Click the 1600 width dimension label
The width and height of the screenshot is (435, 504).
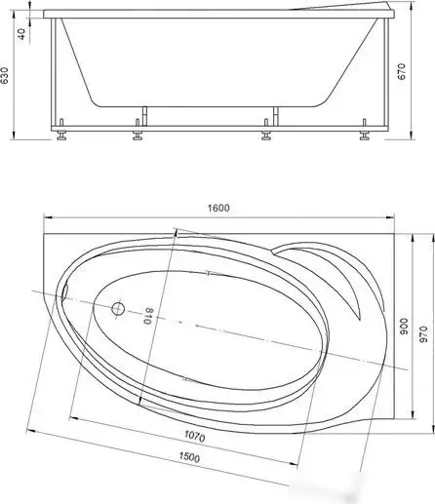(x=218, y=208)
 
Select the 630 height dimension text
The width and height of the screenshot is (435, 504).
(x=4, y=75)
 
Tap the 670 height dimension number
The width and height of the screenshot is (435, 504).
(x=402, y=71)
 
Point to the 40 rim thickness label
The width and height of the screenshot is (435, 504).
(x=21, y=34)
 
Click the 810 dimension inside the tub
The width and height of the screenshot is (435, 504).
(x=148, y=316)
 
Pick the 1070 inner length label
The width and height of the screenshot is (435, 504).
(x=194, y=436)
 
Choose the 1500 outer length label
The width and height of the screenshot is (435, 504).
(x=189, y=457)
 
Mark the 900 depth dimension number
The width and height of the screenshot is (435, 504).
(x=403, y=327)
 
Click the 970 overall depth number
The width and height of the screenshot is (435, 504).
(x=423, y=334)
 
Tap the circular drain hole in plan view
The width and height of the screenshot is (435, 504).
(x=118, y=309)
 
